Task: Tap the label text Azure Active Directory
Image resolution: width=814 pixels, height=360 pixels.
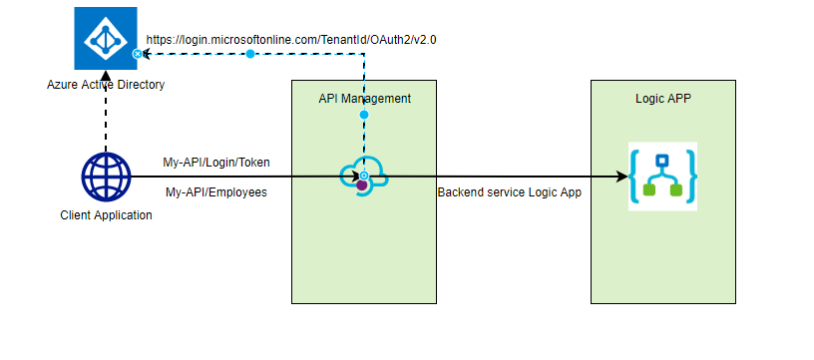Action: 106,85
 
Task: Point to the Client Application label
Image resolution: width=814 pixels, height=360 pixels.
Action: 106,215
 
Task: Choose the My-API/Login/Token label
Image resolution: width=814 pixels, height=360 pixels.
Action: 216,162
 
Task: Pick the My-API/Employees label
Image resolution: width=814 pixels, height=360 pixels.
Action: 215,191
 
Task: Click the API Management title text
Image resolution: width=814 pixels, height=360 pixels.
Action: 364,99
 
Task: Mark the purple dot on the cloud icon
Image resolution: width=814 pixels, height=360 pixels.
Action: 362,185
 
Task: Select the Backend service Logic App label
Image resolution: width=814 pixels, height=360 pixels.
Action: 509,191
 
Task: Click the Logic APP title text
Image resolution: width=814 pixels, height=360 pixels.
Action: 663,99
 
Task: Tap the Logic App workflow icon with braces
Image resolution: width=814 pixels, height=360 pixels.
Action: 662,177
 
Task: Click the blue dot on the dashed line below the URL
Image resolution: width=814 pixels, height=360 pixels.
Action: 250,54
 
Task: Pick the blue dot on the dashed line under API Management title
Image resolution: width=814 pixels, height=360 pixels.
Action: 364,116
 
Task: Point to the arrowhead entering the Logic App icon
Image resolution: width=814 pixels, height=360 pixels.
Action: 620,178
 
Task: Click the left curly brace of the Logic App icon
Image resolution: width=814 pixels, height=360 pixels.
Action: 635,177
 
